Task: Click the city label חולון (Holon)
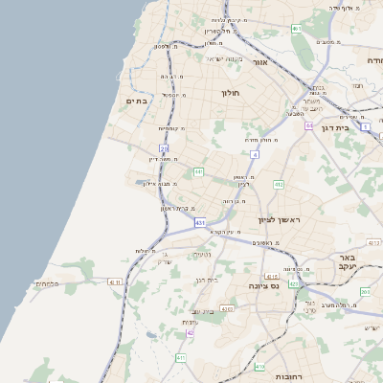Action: coord(231,93)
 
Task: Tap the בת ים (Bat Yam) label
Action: coord(136,101)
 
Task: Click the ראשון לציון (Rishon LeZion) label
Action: coord(279,220)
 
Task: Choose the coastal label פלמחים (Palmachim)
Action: coord(47,283)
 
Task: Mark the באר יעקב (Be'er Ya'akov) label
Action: coord(347,263)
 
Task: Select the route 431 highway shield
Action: coord(200,222)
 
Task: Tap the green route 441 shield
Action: coord(198,171)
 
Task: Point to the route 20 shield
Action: coord(164,148)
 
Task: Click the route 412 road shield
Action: coord(279,184)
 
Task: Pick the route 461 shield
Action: coord(297,29)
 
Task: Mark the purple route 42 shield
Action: coord(190,332)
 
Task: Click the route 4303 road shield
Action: coord(227,308)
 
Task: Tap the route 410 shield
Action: coord(259,366)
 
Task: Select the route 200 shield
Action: coord(365,290)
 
